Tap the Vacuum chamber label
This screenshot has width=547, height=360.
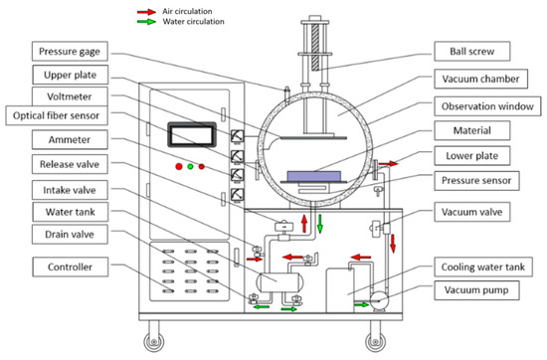479,79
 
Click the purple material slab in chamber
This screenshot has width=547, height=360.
322,176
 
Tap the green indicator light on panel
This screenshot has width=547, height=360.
190,165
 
